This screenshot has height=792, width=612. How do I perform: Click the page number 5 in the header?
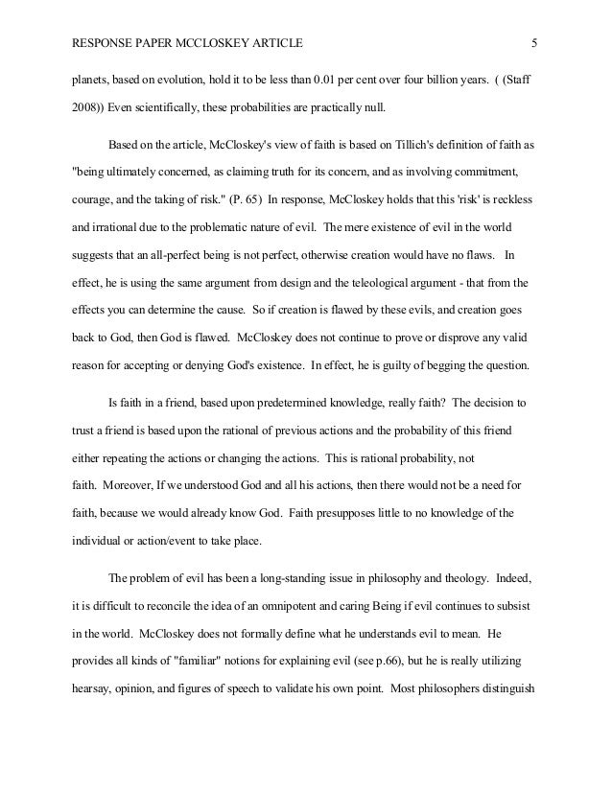coord(534,42)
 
